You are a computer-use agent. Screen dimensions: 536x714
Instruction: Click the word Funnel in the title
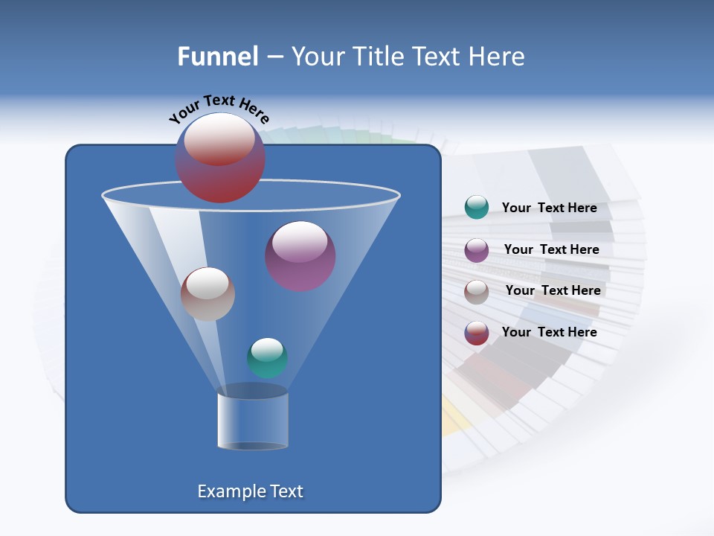217,57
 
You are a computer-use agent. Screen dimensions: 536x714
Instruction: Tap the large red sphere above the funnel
220,158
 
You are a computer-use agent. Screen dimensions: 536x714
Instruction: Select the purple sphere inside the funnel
300,256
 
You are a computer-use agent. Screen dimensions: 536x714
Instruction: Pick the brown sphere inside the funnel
208,294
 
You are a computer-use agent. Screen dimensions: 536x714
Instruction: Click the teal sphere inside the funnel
267,358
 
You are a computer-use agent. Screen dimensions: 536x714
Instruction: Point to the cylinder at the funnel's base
253,421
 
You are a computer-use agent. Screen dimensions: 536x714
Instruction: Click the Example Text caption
250,491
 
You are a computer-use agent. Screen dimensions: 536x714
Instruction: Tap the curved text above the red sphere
219,108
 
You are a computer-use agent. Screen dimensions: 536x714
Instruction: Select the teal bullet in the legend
477,208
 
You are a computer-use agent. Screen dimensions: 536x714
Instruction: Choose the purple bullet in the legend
477,250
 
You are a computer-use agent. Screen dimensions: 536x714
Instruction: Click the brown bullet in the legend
477,292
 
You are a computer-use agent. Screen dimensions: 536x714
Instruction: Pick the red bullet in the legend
477,333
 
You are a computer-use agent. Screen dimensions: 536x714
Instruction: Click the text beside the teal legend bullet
549,208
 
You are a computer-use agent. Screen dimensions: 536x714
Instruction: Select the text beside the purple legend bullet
551,250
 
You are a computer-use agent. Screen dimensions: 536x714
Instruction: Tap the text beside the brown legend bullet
553,291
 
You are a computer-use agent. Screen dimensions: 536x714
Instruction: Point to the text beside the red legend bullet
549,332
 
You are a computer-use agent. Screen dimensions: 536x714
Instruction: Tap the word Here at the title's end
497,57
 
